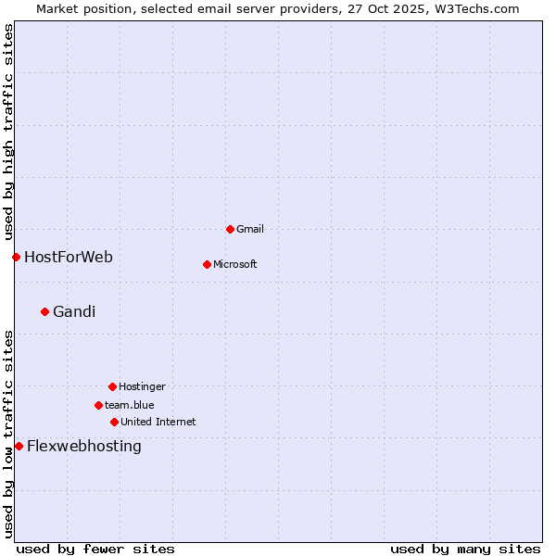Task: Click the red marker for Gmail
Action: coord(230,229)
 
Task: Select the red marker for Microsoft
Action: coord(207,264)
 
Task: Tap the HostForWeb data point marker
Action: coord(16,257)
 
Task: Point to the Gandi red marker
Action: coord(44,311)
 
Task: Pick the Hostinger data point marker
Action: coord(112,386)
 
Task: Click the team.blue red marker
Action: coord(98,405)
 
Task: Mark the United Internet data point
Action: coord(114,422)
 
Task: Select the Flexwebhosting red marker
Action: coord(19,446)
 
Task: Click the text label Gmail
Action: coord(250,229)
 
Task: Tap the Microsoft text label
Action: coord(235,264)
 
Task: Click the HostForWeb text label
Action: coord(69,257)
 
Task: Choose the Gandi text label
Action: coord(74,311)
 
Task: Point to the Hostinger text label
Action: coord(142,386)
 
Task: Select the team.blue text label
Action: coord(130,405)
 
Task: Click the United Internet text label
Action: coord(158,422)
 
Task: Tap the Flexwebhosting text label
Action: coord(84,446)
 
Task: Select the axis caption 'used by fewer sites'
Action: coord(95,549)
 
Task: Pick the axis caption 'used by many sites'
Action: coord(465,549)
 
